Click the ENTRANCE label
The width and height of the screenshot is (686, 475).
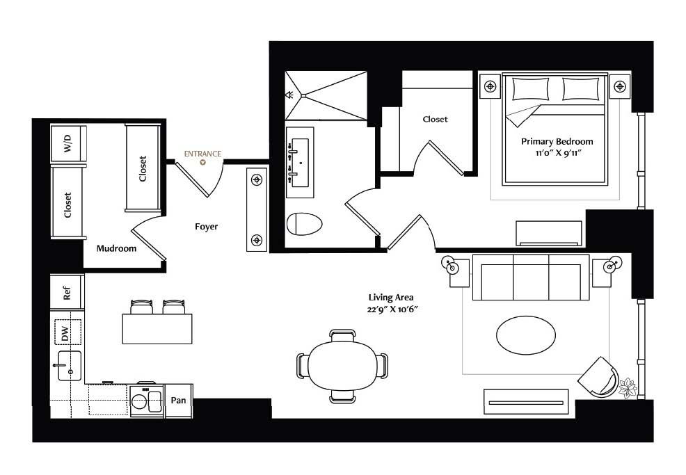coord(202,154)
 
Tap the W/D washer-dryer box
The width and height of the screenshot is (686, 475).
coord(67,143)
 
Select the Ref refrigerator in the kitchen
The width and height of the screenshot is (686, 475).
coord(67,292)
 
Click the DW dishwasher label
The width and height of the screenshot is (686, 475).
coord(65,333)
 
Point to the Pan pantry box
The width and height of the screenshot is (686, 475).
coord(178,400)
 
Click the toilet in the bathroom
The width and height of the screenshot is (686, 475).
coord(305,224)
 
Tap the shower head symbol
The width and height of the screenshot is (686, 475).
coord(289,95)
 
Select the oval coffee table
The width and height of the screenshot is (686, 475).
coord(526,335)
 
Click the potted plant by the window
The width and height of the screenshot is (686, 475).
coord(628,387)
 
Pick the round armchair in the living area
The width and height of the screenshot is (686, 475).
coord(598,377)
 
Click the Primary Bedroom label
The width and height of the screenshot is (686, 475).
coord(557,142)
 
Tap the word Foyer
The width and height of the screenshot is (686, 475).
coord(206,227)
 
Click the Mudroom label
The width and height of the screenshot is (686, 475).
coord(116,248)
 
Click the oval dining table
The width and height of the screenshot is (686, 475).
coord(342,366)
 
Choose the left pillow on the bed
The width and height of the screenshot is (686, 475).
coord(530,89)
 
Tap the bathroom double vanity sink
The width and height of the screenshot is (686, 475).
coord(300,163)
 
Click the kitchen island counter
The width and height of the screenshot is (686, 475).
coord(157,329)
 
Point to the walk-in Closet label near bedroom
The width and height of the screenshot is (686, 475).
coord(436,120)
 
